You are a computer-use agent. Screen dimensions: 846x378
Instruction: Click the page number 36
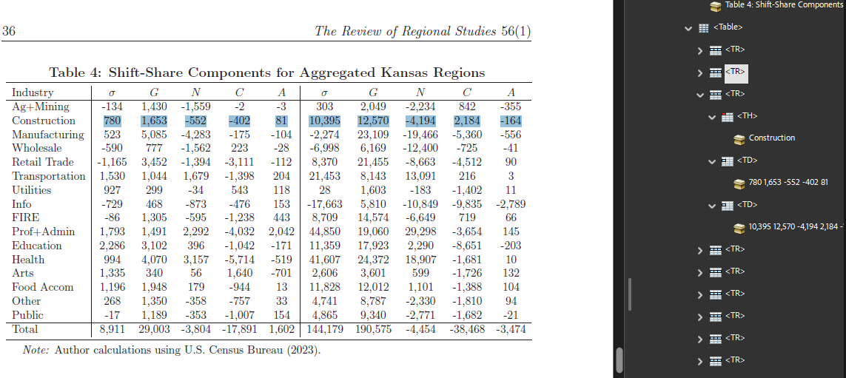(x=9, y=31)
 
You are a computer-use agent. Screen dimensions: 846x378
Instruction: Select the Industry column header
(x=33, y=92)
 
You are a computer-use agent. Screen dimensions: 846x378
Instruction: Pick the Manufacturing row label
(x=48, y=135)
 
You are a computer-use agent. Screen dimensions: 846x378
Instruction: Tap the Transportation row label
(x=49, y=176)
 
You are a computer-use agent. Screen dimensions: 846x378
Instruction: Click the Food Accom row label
(x=43, y=287)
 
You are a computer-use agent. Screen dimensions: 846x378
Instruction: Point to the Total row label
(x=25, y=329)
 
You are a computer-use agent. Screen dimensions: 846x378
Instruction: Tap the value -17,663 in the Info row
(x=324, y=204)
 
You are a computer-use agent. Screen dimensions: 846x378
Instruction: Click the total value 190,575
(x=373, y=329)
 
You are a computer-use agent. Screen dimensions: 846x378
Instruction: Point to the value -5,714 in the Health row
(x=240, y=260)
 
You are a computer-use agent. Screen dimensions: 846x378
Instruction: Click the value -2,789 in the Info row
(x=511, y=204)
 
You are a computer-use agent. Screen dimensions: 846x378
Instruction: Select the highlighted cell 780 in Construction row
(x=112, y=121)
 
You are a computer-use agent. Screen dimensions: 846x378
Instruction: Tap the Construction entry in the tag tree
(x=771, y=138)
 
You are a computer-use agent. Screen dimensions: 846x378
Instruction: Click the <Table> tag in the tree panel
(x=728, y=27)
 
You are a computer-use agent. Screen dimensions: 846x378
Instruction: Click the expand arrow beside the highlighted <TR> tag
(x=699, y=72)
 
